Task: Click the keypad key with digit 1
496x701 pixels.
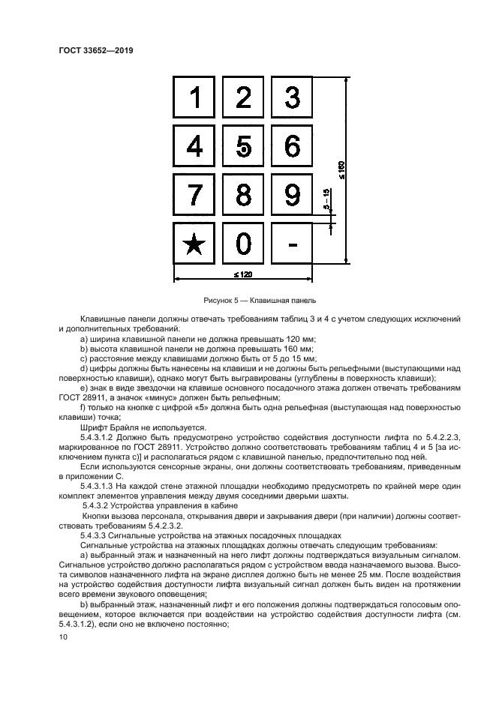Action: (195, 98)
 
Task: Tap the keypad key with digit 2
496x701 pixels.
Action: (244, 98)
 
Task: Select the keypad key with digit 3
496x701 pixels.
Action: (293, 98)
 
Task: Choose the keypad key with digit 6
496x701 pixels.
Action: (293, 146)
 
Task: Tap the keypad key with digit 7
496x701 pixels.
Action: (195, 195)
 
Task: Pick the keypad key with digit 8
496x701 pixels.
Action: (244, 195)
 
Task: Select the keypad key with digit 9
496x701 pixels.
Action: (293, 195)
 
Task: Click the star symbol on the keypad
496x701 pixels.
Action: (195, 244)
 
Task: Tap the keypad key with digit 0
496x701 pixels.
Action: (244, 244)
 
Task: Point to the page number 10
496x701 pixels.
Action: (63, 637)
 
